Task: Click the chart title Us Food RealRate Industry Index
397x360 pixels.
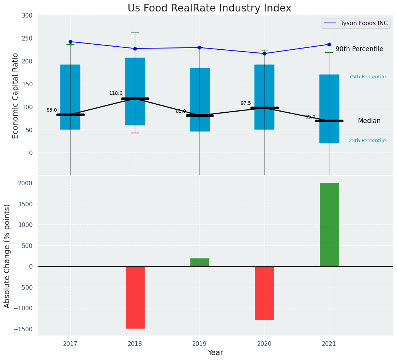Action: tap(209, 8)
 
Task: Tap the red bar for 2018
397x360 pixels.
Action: tap(135, 297)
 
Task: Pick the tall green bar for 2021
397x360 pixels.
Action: tap(329, 225)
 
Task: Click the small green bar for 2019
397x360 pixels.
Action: tap(200, 262)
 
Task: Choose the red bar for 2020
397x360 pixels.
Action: tap(264, 293)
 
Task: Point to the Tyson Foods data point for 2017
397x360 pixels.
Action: tap(70, 42)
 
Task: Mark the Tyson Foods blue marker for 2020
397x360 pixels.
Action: tap(264, 54)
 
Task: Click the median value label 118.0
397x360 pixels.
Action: tap(116, 93)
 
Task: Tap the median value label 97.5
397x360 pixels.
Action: tap(246, 103)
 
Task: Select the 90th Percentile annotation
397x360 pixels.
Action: tap(359, 49)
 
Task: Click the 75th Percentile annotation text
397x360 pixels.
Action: tap(367, 77)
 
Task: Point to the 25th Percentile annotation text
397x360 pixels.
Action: tap(367, 141)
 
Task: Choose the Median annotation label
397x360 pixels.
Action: tap(369, 121)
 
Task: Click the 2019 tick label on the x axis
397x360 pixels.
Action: tap(199, 344)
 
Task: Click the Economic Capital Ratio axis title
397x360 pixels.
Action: tap(16, 96)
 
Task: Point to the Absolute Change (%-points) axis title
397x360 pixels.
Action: tap(7, 256)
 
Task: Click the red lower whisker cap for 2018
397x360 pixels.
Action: tap(135, 133)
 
